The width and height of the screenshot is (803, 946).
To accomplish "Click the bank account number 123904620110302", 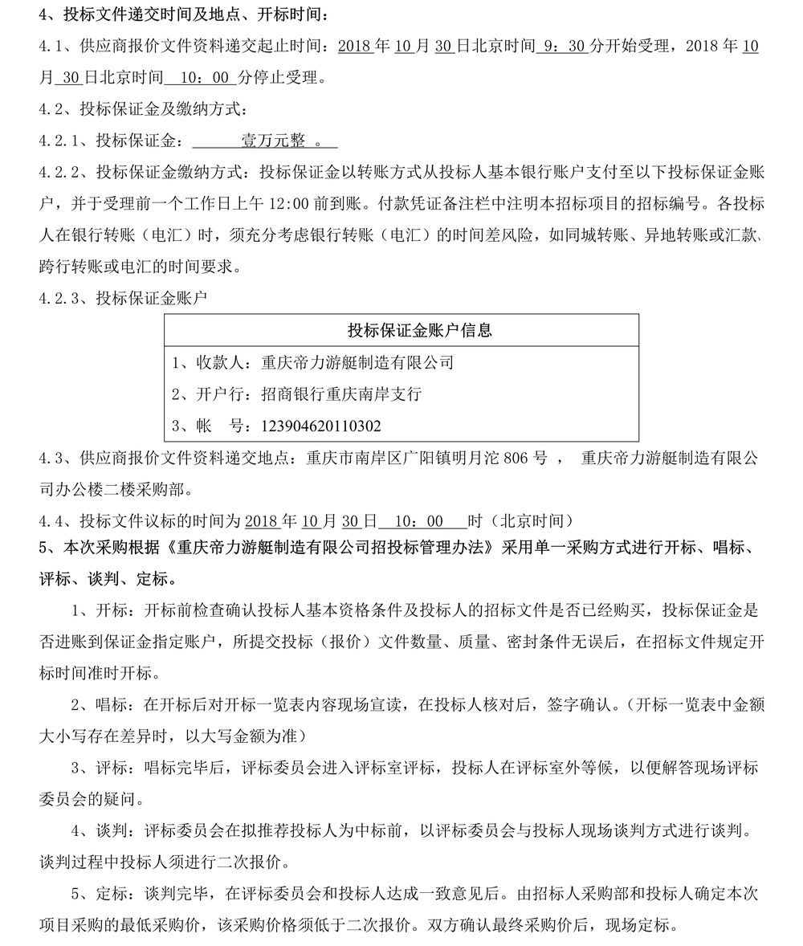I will (317, 425).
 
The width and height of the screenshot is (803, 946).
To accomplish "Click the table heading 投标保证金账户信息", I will (419, 330).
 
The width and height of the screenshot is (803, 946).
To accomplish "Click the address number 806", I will (531, 458).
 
